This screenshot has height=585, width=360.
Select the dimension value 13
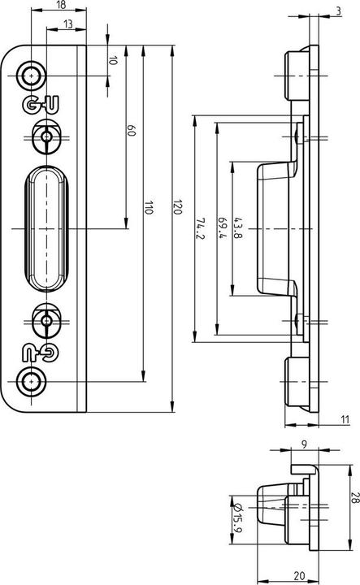[63, 24]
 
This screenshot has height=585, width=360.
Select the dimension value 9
[303, 445]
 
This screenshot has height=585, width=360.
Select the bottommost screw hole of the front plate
[33, 381]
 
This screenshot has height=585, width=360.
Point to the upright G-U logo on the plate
[34, 104]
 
